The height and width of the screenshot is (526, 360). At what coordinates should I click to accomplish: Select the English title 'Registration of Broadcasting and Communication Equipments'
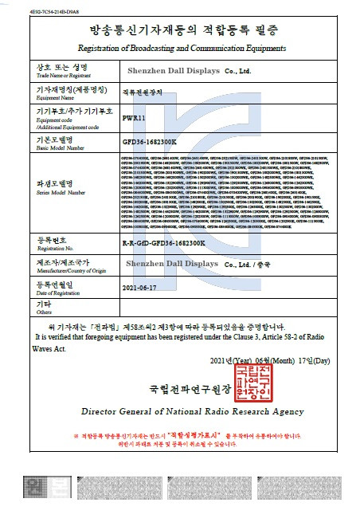180,50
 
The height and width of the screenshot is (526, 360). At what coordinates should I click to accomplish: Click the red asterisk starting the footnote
75,437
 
